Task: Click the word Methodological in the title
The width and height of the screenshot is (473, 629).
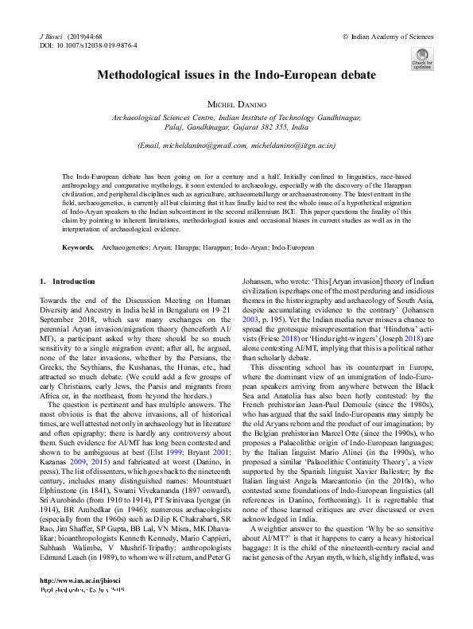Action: tap(141, 76)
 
